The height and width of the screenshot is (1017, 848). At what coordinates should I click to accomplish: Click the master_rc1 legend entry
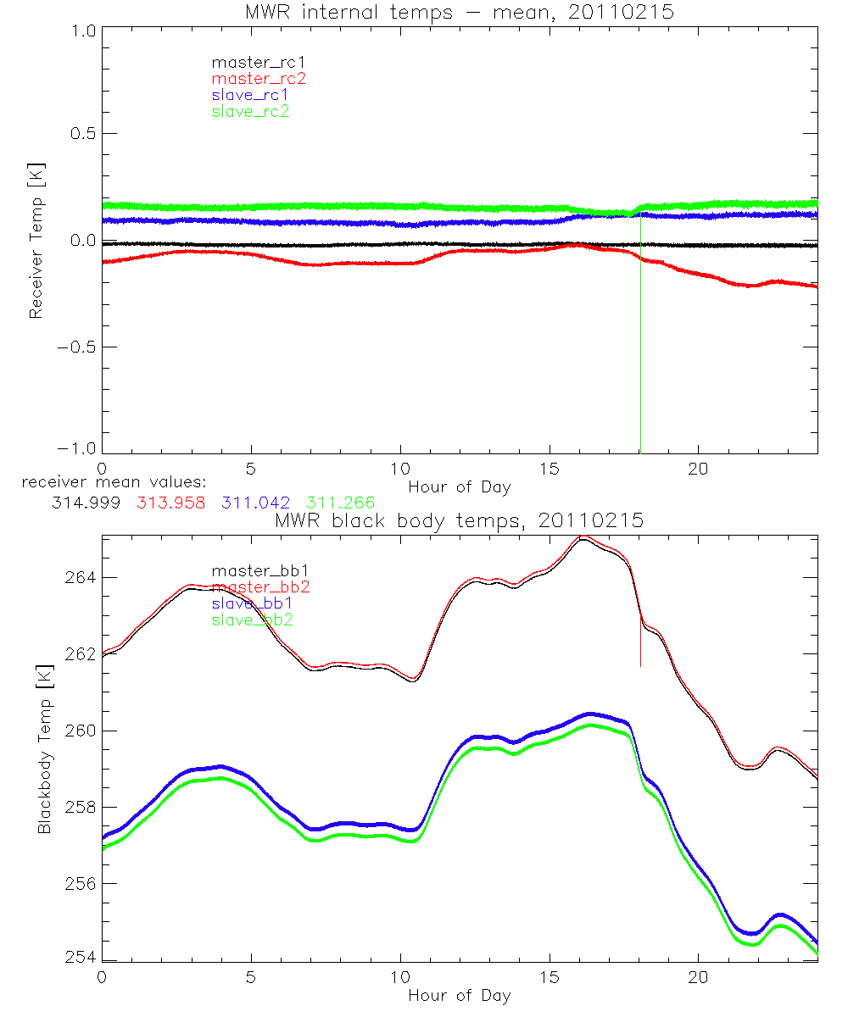click(251, 62)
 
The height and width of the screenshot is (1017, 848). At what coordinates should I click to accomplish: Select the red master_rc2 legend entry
click(258, 78)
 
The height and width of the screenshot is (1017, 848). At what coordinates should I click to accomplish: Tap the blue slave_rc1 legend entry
click(251, 95)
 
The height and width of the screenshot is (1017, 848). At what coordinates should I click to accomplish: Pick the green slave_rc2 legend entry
click(251, 111)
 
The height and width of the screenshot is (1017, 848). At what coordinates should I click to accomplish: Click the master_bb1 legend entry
click(254, 570)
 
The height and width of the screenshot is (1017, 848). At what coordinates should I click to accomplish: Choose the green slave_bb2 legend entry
click(254, 620)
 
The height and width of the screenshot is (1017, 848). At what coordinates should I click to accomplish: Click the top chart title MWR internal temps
click(459, 12)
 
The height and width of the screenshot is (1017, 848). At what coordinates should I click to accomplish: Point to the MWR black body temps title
click(459, 520)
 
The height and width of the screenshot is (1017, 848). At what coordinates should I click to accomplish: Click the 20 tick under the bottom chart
click(699, 977)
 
